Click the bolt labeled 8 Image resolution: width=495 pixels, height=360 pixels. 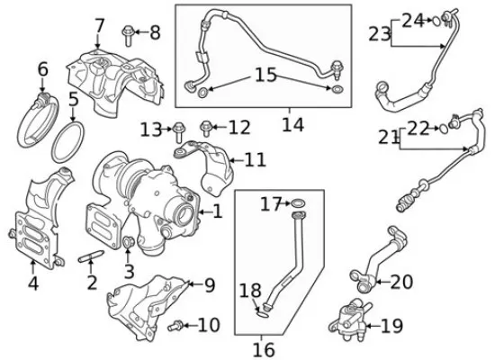pos(128,35)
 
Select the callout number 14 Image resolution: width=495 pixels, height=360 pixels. pos(292,124)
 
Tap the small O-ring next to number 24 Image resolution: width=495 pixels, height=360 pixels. pos(436,22)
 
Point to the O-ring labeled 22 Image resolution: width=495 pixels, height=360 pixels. pos(443,129)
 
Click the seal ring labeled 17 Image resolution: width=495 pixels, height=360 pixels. pos(298,202)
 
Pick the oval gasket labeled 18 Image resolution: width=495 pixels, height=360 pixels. pos(263,313)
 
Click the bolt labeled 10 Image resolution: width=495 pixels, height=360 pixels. pos(175,325)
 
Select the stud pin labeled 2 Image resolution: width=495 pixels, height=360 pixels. pos(91,256)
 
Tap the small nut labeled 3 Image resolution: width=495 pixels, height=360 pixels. pos(128,242)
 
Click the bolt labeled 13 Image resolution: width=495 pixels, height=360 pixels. pos(179,132)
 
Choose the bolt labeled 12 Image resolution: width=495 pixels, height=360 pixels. pos(205,128)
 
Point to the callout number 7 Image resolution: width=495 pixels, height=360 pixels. pos(99,26)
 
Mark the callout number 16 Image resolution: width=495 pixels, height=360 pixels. pos(264,349)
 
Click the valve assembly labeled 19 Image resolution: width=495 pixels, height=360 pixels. pos(349,320)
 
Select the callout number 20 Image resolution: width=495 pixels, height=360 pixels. pos(401,282)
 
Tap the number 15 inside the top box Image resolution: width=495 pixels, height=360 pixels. pos(265,76)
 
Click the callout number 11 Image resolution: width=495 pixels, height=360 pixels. pos(255,160)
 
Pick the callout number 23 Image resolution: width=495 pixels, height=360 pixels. pos(380,34)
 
